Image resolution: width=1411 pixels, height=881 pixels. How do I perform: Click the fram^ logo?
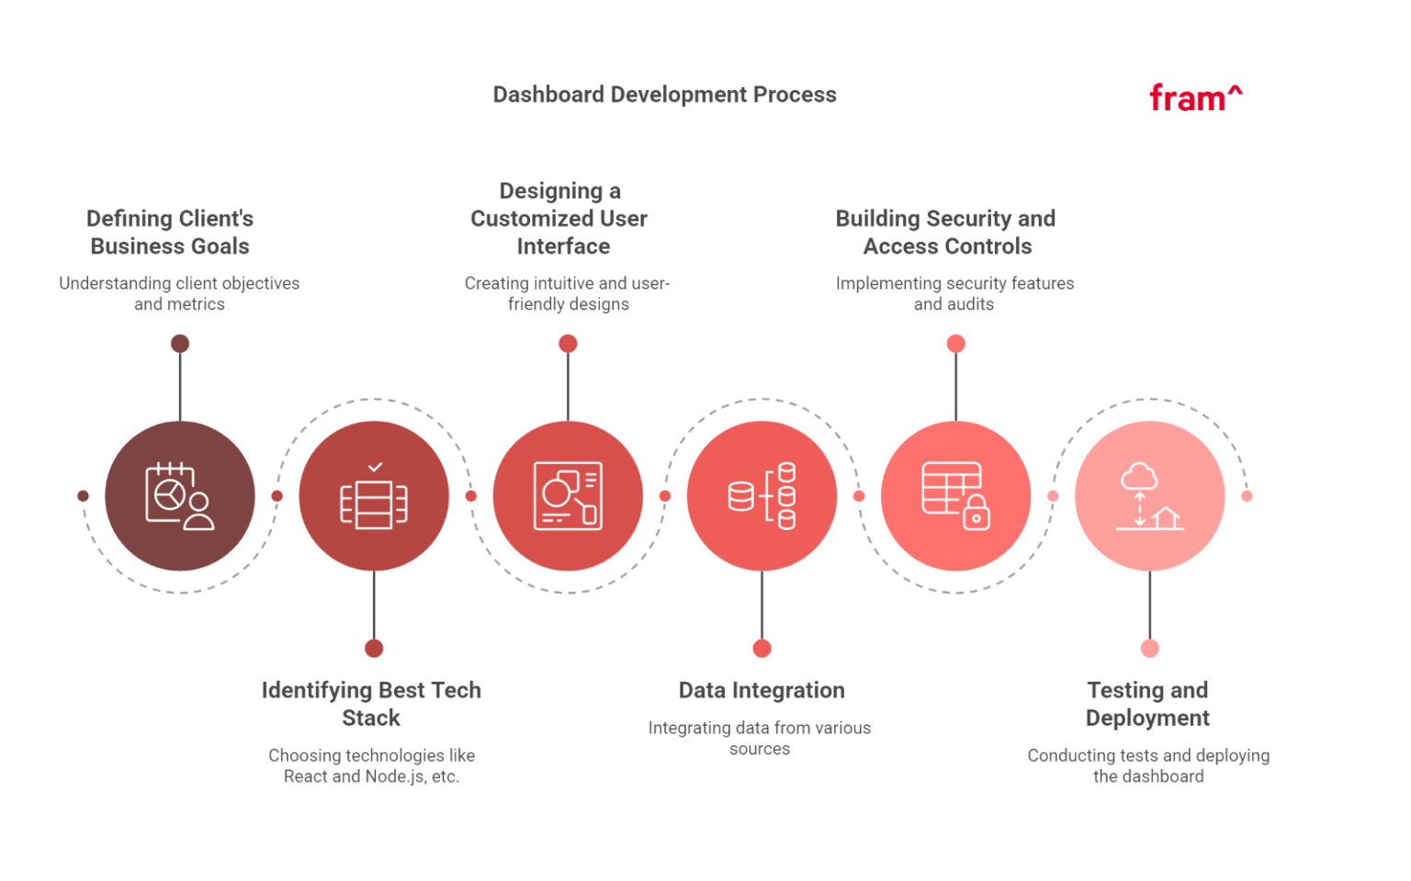coord(1195,96)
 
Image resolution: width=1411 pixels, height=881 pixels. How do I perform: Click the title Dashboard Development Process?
coord(664,95)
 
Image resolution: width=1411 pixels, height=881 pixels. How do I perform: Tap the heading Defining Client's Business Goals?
coord(170,232)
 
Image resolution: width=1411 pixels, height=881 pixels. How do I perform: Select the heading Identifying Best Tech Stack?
coord(371,704)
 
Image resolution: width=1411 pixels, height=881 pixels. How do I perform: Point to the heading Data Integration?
coord(762,691)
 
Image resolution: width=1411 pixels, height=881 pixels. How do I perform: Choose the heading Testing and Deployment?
coord(1147,704)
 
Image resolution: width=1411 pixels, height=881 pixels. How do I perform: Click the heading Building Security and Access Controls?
coord(946,232)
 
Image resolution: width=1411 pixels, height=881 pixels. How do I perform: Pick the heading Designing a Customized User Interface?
coord(559,219)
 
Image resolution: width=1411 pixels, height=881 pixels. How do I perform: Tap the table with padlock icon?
coord(955,496)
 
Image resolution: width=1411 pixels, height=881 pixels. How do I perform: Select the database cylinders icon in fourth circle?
coord(762,496)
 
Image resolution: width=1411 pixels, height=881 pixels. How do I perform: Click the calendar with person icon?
coord(180,496)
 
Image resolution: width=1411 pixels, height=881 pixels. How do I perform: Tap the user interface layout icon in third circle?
coord(568,496)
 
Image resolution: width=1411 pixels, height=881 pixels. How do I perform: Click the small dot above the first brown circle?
coord(180,344)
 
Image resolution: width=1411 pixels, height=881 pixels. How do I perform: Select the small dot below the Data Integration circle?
coord(762,649)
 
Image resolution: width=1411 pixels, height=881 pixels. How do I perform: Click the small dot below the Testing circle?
coord(1150,649)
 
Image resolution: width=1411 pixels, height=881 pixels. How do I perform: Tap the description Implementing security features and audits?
coord(955,293)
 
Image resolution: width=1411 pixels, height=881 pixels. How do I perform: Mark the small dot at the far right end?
coord(1247,496)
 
